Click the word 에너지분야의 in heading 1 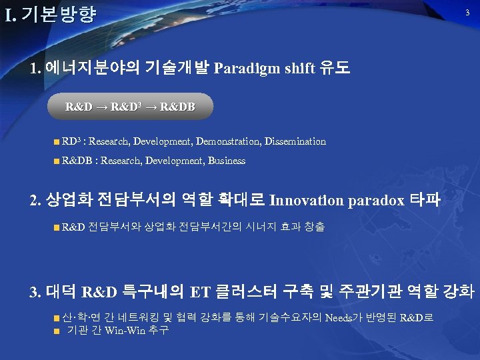point(85,69)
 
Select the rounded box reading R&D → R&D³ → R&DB point(130,107)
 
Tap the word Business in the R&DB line point(227,161)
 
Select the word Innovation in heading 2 point(308,200)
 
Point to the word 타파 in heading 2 point(425,200)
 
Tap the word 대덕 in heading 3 point(62,292)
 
